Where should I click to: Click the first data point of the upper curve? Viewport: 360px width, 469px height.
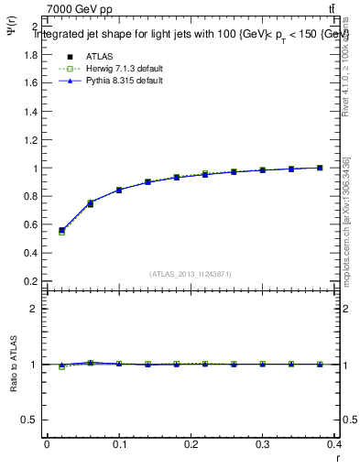(61, 231)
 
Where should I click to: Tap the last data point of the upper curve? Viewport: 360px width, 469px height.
(320, 168)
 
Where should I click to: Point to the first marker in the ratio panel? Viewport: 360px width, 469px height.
(61, 365)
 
